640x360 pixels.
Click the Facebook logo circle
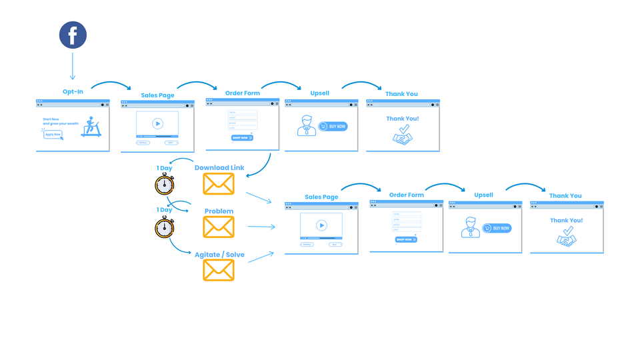click(x=73, y=35)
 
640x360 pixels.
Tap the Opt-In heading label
click(x=73, y=91)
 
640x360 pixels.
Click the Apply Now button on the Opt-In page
click(x=53, y=134)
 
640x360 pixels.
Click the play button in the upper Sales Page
click(x=157, y=123)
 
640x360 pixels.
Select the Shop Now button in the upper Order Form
click(x=242, y=137)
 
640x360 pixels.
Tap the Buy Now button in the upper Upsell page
click(x=333, y=126)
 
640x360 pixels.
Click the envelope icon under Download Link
click(x=219, y=183)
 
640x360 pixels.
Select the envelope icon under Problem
click(x=219, y=227)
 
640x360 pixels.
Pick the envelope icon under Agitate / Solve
click(x=219, y=269)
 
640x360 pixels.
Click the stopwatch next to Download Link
click(x=164, y=184)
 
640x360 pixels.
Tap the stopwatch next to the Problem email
click(x=164, y=227)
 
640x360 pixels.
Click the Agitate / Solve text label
click(x=219, y=255)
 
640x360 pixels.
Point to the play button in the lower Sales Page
click(x=321, y=225)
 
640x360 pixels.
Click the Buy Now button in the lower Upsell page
click(x=497, y=228)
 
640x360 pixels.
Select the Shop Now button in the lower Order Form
click(x=406, y=239)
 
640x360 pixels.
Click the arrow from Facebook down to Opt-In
click(x=73, y=67)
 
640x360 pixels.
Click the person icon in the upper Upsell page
click(x=306, y=125)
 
